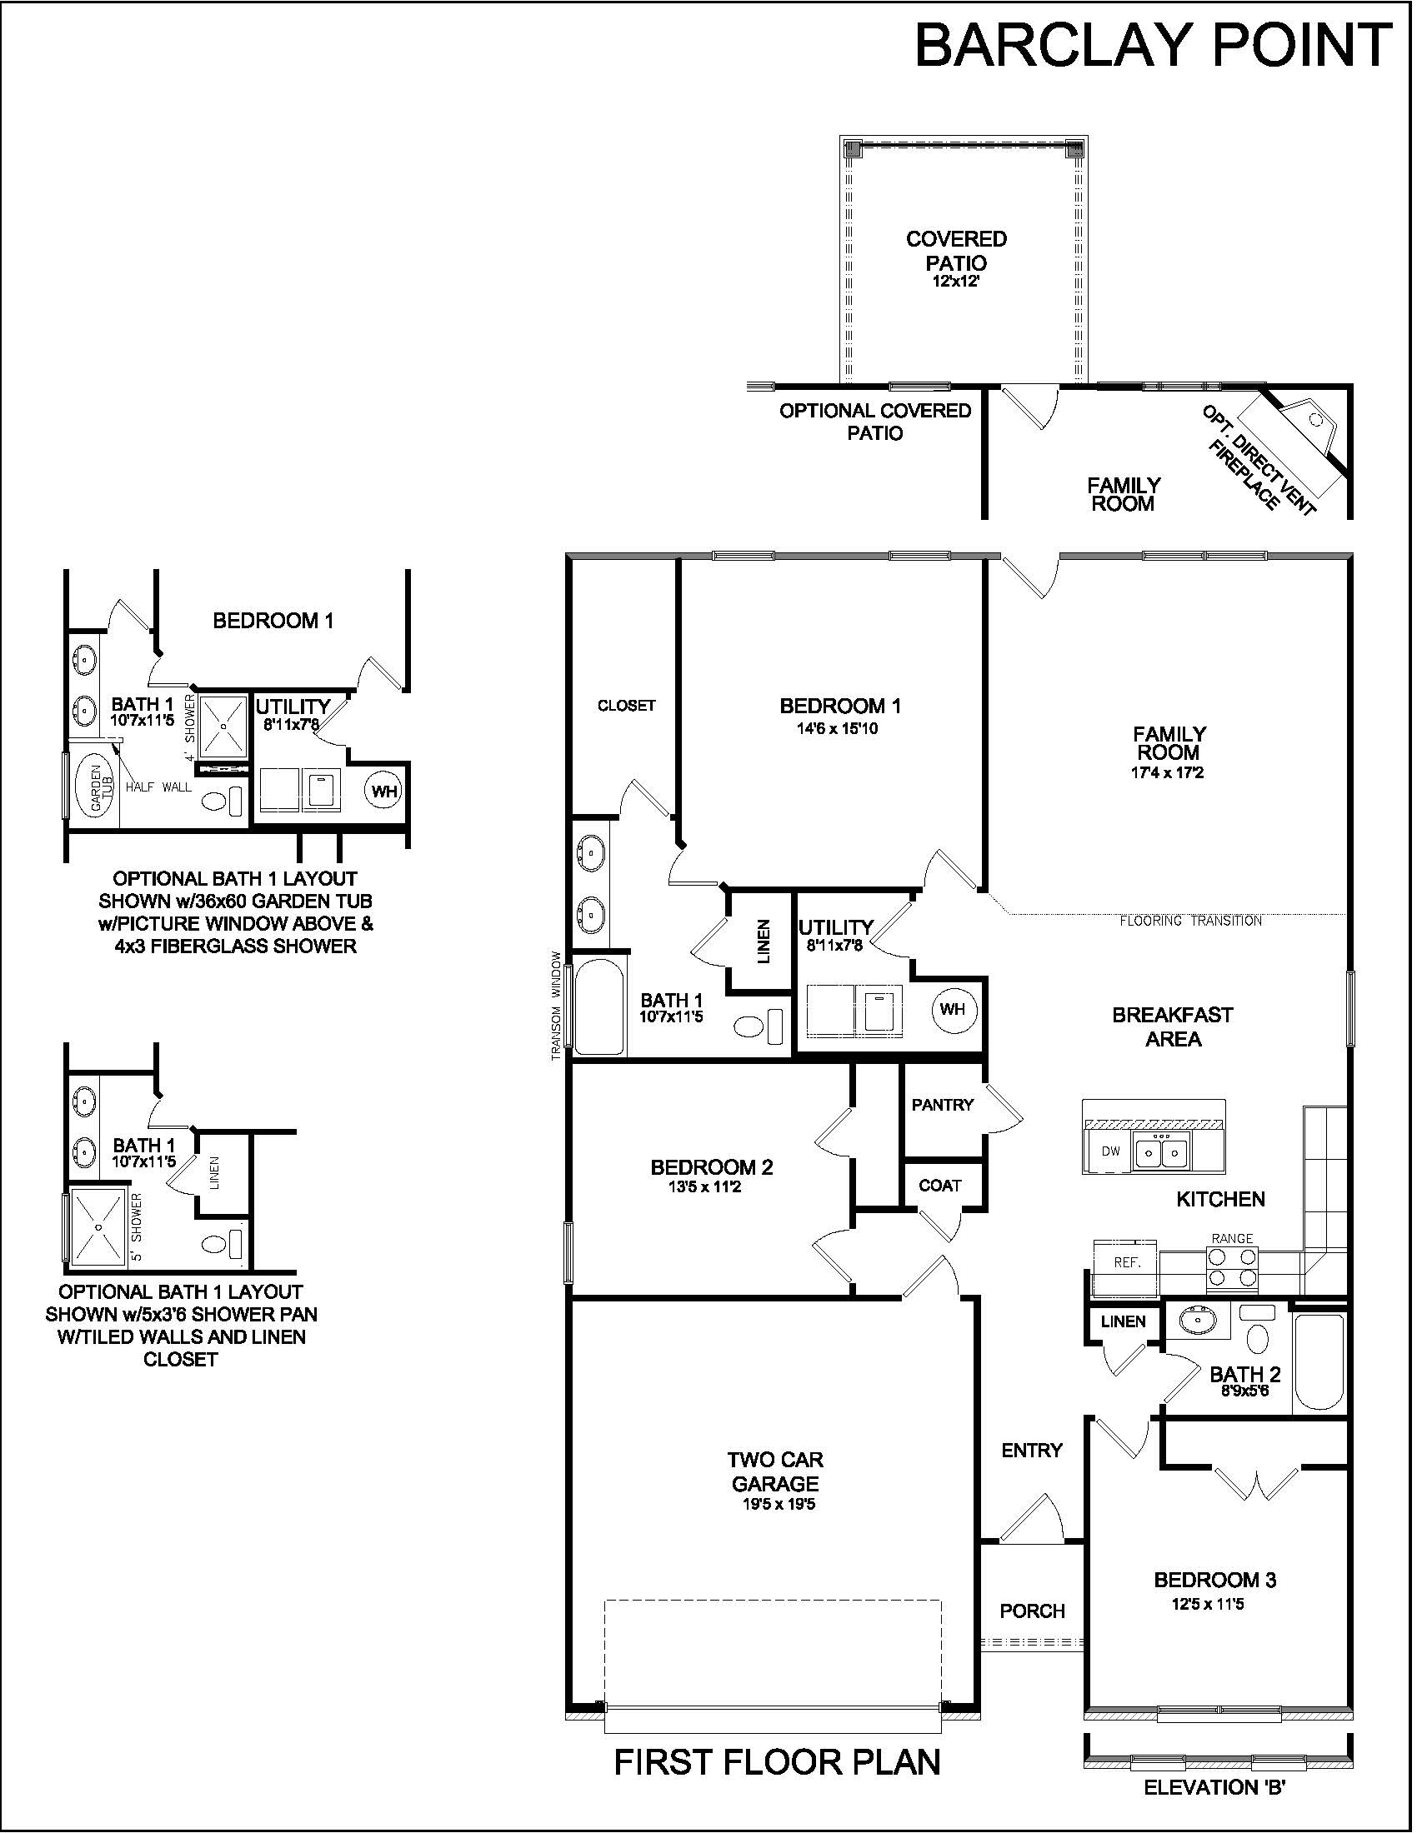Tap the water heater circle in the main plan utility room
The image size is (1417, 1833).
[x=952, y=1009]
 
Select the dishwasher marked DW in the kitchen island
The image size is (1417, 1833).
[x=1109, y=1151]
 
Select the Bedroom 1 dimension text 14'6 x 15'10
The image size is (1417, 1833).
[x=837, y=728]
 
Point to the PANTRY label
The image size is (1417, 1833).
[x=942, y=1106]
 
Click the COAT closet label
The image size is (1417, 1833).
[x=939, y=1186]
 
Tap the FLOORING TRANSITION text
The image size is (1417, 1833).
[x=1190, y=921]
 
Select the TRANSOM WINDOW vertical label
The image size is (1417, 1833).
[x=556, y=1005]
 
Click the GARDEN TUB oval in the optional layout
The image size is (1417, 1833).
[x=98, y=786]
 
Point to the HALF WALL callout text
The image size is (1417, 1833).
[x=158, y=787]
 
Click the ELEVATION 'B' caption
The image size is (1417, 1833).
[x=1215, y=1787]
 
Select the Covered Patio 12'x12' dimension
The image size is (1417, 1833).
[x=955, y=282]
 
